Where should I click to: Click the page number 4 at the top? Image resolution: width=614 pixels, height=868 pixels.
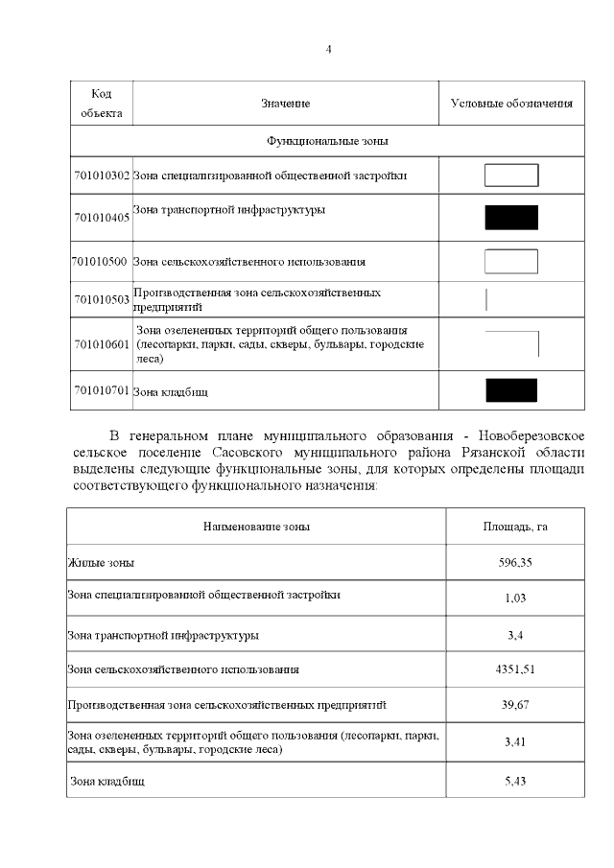coord(328,49)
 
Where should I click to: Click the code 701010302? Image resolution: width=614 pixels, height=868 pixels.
coord(102,176)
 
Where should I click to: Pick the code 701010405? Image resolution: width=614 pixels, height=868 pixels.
coord(102,219)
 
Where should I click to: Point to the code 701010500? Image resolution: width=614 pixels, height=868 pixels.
coord(101,261)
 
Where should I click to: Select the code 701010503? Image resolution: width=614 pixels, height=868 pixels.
coord(102,300)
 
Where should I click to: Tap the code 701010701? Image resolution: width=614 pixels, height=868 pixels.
coord(102,391)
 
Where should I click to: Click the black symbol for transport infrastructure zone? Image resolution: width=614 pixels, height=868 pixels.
coord(511,218)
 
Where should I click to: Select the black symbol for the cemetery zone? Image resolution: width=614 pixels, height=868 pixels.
coord(511,390)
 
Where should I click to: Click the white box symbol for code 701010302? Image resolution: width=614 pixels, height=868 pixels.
coord(511,176)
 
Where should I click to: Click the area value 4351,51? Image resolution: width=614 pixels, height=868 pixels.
coord(515,669)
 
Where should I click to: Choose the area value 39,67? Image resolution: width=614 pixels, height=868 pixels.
coord(515,706)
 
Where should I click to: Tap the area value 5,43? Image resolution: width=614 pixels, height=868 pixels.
coord(515,782)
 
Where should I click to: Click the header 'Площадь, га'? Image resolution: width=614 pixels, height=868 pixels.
coord(515,527)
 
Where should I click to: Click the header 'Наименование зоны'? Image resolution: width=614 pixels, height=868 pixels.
coord(256,527)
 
